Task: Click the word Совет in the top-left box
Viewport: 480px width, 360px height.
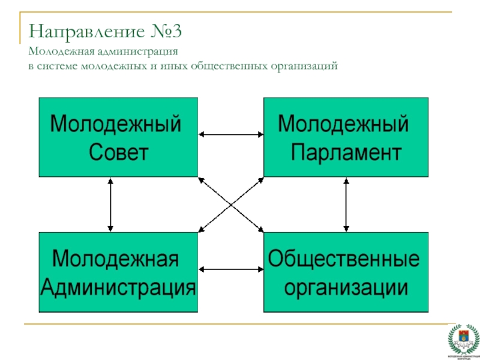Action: pos(118,152)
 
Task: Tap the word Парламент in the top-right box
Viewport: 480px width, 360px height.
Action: pos(346,152)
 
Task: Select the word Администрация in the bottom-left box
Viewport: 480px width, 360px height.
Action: pos(118,287)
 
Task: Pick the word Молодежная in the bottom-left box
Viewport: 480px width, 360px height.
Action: pos(116,260)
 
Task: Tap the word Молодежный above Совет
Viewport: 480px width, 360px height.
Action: pos(116,125)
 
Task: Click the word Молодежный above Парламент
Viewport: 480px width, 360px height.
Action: pos(343,125)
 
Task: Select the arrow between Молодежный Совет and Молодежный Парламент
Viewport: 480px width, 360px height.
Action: pos(231,135)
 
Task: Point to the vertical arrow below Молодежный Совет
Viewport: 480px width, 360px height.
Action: pos(110,204)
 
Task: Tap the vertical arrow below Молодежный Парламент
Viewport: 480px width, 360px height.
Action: pos(346,204)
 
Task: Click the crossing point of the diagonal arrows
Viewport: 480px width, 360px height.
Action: pos(231,204)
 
